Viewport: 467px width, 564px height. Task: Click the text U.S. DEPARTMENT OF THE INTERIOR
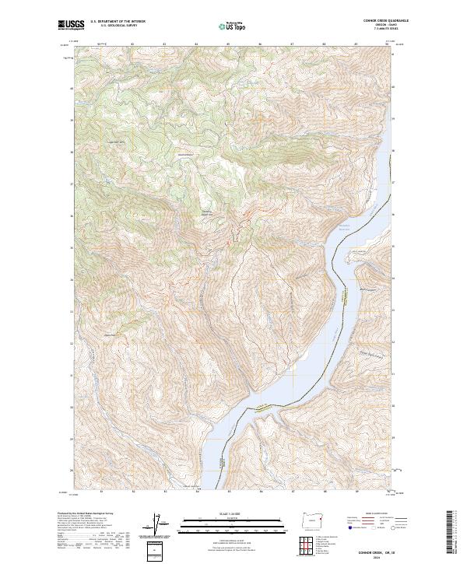click(x=118, y=22)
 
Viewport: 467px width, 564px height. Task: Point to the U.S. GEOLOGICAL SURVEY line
click(x=113, y=26)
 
